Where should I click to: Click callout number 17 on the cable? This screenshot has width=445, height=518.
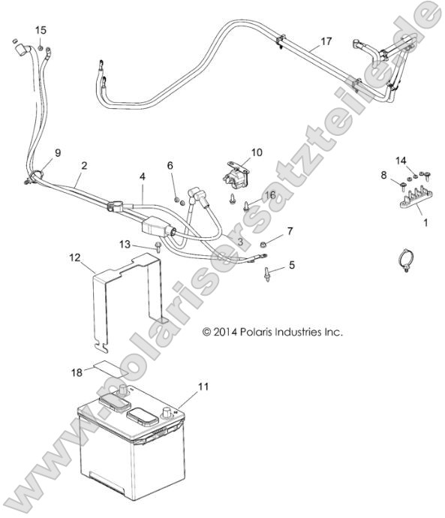[325, 41]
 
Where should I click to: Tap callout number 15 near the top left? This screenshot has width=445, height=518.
[41, 29]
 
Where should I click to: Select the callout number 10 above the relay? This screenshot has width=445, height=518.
[257, 152]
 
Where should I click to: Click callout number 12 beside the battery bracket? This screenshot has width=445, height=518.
[74, 257]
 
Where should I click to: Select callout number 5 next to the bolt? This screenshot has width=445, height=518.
[292, 264]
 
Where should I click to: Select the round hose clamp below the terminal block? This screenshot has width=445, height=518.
[406, 261]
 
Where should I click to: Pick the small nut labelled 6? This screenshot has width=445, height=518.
[177, 200]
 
